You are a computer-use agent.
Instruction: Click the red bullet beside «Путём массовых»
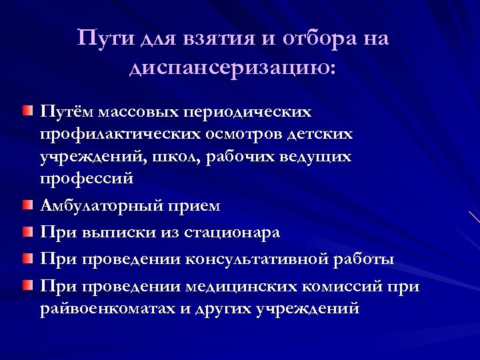point(25,109)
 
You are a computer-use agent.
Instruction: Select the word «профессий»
point(87,180)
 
